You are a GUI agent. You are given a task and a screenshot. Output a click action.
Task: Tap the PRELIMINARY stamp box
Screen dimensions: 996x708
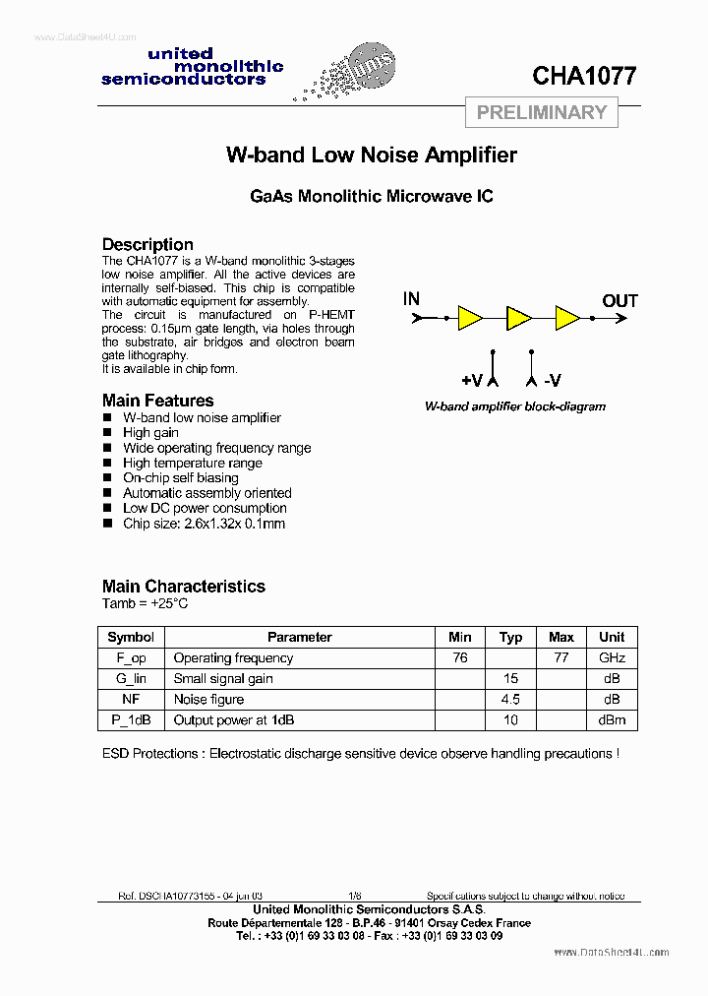pyautogui.click(x=542, y=112)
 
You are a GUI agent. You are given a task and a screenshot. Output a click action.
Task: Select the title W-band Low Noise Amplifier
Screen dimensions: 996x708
pyautogui.click(x=372, y=155)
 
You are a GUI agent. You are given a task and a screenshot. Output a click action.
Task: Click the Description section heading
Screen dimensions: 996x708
pyautogui.click(x=147, y=244)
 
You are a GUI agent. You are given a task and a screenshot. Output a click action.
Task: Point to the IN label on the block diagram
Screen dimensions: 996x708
pyautogui.click(x=411, y=299)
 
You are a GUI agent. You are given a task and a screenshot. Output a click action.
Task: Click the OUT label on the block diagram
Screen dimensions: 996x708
pyautogui.click(x=619, y=300)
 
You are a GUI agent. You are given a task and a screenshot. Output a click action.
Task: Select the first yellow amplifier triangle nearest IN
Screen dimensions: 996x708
pyautogui.click(x=470, y=318)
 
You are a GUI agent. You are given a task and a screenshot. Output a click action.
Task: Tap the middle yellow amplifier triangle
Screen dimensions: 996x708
pyautogui.click(x=518, y=318)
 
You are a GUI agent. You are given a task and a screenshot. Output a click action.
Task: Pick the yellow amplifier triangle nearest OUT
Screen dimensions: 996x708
pyautogui.click(x=566, y=318)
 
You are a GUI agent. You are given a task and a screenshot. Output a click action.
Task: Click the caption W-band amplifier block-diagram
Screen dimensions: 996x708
pyautogui.click(x=514, y=406)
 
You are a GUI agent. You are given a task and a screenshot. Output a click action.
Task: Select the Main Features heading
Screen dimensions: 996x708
pyautogui.click(x=157, y=401)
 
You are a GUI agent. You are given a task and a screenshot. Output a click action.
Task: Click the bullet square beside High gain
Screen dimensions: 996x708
pyautogui.click(x=108, y=433)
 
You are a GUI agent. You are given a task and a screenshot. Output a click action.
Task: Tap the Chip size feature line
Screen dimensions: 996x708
pyautogui.click(x=204, y=524)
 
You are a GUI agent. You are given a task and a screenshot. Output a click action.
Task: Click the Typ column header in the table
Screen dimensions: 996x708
pyautogui.click(x=510, y=637)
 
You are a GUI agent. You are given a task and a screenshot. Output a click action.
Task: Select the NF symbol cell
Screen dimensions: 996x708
pyautogui.click(x=131, y=699)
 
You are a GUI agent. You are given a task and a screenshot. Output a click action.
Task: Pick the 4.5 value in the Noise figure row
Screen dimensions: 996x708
pyautogui.click(x=510, y=699)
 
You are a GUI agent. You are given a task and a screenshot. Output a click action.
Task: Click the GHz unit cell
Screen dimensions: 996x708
pyautogui.click(x=612, y=657)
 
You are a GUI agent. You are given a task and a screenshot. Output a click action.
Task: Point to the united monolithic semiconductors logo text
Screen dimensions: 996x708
pyautogui.click(x=192, y=66)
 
